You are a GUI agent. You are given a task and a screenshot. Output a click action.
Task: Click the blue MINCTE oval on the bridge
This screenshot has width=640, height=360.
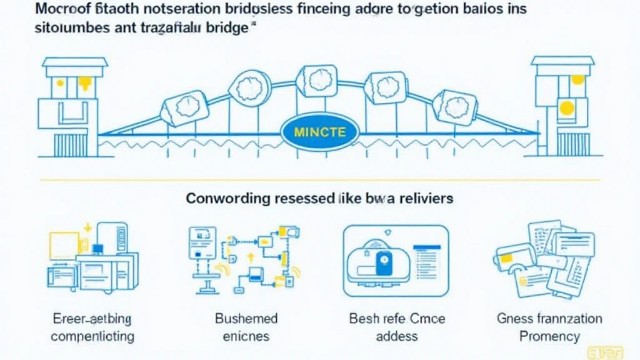coord(319,132)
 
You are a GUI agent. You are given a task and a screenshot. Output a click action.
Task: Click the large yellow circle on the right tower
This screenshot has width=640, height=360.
coord(567,108)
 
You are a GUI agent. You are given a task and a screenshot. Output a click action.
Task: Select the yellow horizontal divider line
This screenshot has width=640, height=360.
coord(319,180)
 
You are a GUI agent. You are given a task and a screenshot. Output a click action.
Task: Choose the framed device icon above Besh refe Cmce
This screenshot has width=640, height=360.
coord(396,261)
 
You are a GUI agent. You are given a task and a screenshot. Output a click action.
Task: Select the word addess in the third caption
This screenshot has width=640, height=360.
coord(396,336)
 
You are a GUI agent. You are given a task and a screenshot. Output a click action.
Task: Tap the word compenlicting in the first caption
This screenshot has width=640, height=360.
coord(92,336)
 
